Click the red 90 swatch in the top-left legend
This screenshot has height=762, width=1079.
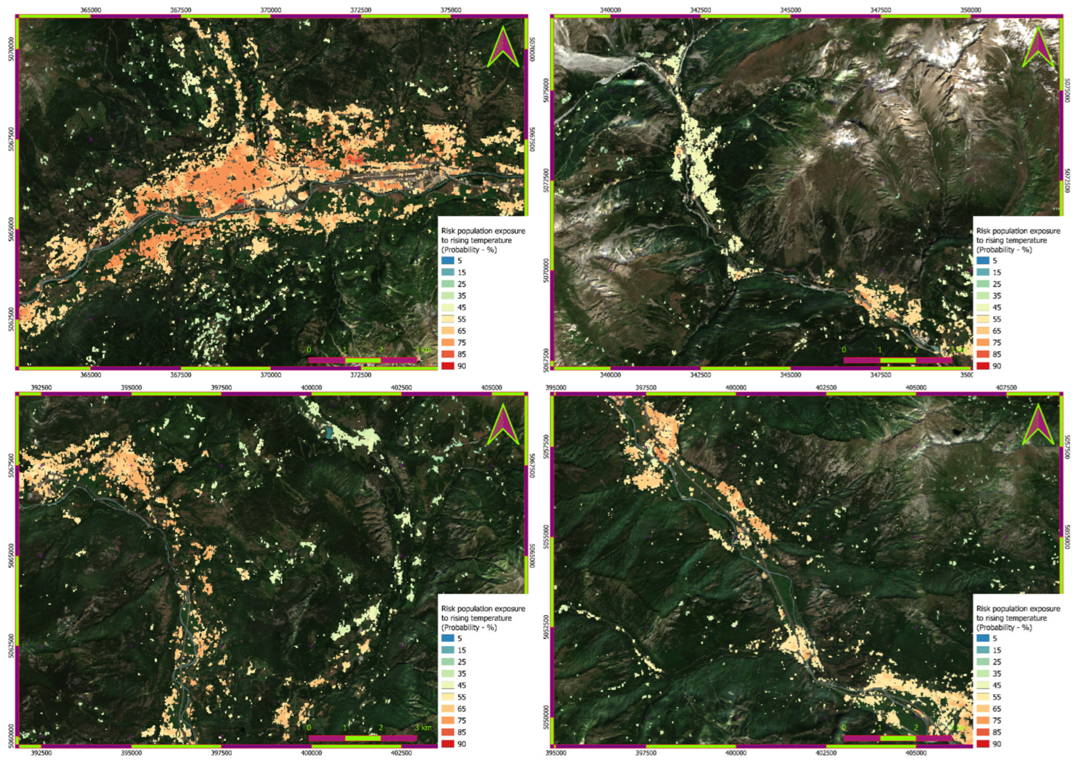click(x=448, y=366)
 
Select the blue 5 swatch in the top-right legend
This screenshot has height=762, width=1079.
click(x=983, y=261)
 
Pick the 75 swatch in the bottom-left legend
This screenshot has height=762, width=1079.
click(x=448, y=720)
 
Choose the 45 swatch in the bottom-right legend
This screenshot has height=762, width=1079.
click(x=983, y=685)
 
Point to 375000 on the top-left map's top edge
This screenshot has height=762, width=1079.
click(x=451, y=10)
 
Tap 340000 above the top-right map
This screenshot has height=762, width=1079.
click(x=610, y=10)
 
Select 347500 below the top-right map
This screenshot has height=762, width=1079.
click(x=880, y=375)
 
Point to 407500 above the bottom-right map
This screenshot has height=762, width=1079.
click(x=1006, y=388)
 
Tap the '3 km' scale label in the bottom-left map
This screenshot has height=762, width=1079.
click(x=423, y=728)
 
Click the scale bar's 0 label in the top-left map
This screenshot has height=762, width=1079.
click(x=309, y=350)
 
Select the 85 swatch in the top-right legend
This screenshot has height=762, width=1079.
click(x=983, y=354)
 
